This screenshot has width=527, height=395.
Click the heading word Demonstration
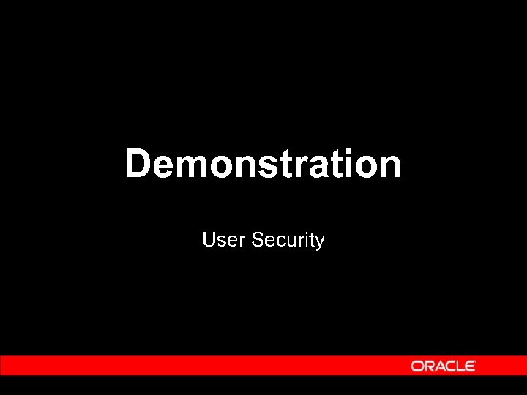pos(263,164)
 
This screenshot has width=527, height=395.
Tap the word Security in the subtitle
pos(287,240)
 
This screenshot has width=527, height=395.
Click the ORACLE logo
pos(444,366)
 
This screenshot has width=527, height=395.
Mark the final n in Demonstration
pos(389,167)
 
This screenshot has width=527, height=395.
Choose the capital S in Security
pos(256,239)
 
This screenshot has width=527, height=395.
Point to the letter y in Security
pos(318,242)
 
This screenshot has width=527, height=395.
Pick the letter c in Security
pos(278,241)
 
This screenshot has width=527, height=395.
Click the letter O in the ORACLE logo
pos(417,366)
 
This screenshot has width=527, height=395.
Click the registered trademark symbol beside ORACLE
pos(476,362)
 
